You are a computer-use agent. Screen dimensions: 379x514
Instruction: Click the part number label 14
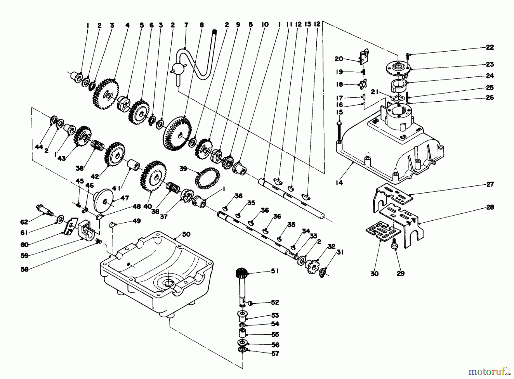tap(339, 183)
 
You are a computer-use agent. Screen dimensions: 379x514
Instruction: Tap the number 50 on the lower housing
tap(186, 235)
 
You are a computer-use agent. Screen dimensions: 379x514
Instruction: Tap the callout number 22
tap(490, 47)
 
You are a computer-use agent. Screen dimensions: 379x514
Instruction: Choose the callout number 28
tap(490, 207)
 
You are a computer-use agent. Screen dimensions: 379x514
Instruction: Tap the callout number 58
tap(25, 269)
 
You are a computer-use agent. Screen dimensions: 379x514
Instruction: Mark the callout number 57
tap(275, 354)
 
